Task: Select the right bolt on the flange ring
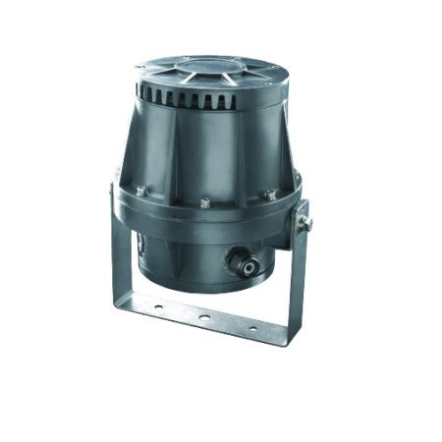[x=268, y=195]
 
